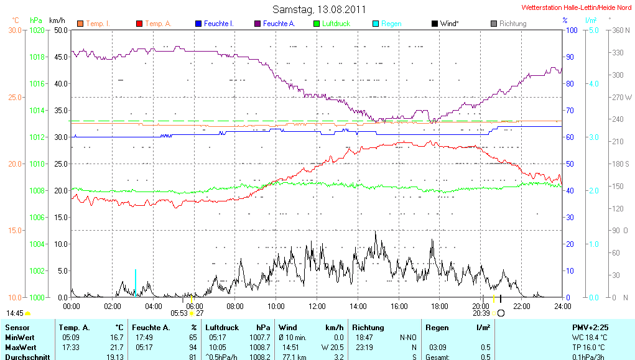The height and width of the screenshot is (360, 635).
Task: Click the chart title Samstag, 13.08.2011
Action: coord(319,9)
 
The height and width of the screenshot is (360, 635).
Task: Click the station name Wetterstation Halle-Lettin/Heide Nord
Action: coord(577,8)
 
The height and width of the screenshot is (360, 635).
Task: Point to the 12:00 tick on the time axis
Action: coord(317,307)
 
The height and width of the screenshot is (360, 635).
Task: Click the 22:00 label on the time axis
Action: coord(522,307)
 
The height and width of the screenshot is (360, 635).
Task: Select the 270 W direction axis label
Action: coord(622,97)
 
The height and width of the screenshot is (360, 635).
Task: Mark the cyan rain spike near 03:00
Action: coord(135,283)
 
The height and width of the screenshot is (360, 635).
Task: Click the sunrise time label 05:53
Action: coord(179,313)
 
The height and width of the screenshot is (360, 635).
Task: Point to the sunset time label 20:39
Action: coord(481,313)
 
